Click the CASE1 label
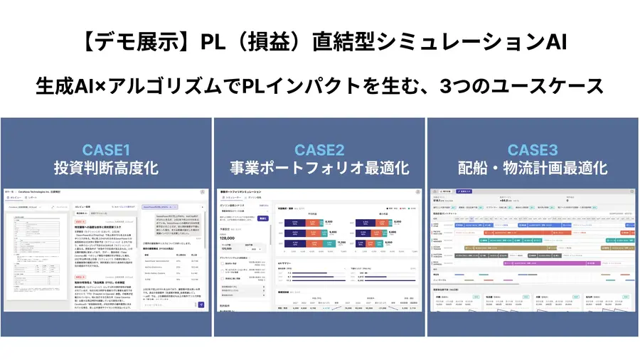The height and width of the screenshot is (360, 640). point(107,149)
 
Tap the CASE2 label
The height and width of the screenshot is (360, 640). point(319,149)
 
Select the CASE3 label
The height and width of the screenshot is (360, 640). point(532,149)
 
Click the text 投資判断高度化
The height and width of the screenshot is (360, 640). point(107,169)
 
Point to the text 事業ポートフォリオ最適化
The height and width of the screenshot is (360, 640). point(319,169)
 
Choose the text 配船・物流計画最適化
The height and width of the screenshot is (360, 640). point(532,169)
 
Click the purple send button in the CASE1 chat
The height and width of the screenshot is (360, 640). point(201,305)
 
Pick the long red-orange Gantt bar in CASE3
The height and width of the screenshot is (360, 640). point(512,231)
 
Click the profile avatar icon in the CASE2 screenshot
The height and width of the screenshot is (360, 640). point(415,192)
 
